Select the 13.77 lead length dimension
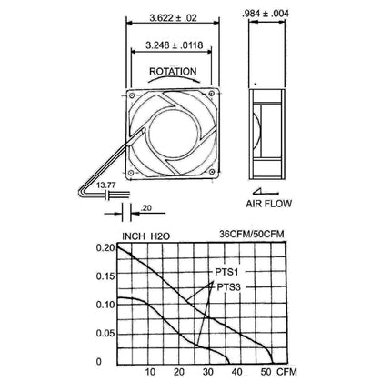pyautogui.click(x=94, y=184)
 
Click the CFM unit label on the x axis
pyautogui.click(x=287, y=373)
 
